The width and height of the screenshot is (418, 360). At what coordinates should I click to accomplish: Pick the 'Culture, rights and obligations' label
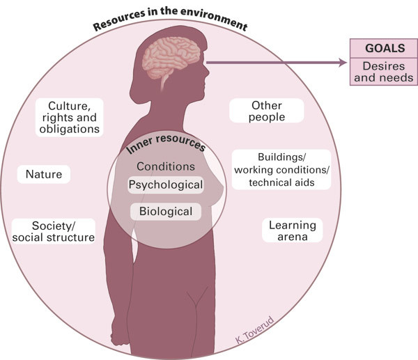(x=69, y=117)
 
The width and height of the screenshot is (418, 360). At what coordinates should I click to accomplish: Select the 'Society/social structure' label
(x=54, y=232)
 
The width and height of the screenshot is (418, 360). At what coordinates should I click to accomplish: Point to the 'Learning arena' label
(x=293, y=231)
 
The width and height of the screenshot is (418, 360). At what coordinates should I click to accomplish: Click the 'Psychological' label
(x=166, y=185)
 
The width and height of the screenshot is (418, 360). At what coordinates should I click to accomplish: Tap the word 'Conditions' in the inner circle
(x=166, y=166)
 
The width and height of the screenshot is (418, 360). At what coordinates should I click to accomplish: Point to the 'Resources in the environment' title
(x=171, y=19)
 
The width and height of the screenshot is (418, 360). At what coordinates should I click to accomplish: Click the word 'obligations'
(x=69, y=129)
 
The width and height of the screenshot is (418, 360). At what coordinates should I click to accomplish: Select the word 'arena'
(x=293, y=237)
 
